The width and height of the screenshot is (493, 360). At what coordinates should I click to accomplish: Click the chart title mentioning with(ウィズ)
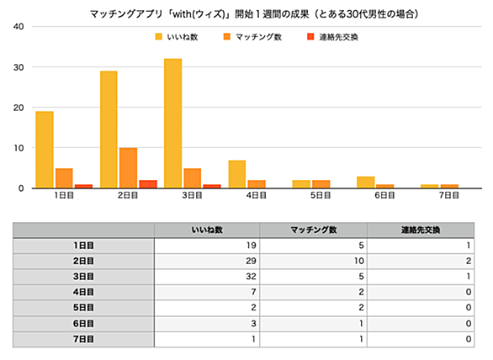point(254,14)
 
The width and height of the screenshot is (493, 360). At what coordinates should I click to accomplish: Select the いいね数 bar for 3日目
point(173,124)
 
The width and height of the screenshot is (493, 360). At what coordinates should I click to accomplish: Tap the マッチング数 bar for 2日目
point(128,168)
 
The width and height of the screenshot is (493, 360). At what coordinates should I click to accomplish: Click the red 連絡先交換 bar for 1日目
point(83,186)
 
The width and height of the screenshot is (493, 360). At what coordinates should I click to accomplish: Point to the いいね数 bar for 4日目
point(237,174)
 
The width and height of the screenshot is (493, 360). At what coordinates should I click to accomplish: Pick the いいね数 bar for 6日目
point(366,183)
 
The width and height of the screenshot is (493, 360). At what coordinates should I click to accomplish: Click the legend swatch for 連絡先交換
point(310,37)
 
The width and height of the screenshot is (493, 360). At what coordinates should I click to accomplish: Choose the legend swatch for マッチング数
point(227,37)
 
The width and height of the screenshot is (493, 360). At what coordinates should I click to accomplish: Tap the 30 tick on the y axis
point(19,67)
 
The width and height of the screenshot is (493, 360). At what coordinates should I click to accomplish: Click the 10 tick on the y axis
point(19,148)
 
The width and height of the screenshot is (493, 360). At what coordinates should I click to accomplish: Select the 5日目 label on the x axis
point(321,195)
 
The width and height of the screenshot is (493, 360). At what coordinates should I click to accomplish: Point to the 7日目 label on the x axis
point(449,195)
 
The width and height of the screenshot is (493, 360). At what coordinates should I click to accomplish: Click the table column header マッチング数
point(314,230)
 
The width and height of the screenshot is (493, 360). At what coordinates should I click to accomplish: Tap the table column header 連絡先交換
point(421,230)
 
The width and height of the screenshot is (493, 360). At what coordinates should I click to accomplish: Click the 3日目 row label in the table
point(83,277)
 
